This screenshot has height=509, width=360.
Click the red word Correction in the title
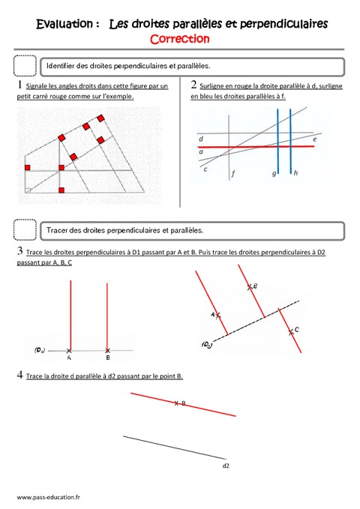click(180, 38)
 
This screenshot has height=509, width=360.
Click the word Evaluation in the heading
click(66, 24)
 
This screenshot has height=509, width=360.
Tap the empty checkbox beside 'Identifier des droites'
click(25, 67)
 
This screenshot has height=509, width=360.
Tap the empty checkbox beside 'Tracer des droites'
click(25, 229)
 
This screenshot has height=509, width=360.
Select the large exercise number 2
click(194, 85)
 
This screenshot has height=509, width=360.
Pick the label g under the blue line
click(274, 173)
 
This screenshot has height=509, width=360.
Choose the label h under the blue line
click(295, 173)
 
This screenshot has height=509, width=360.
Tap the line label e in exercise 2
click(314, 139)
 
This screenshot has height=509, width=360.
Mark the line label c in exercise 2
click(205, 169)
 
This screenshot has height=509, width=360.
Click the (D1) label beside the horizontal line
click(41, 349)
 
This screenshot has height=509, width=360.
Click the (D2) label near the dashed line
click(206, 344)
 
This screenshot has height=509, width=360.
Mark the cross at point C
click(289, 331)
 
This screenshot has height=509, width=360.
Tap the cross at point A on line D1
click(70, 350)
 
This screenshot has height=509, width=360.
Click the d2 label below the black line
click(226, 466)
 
